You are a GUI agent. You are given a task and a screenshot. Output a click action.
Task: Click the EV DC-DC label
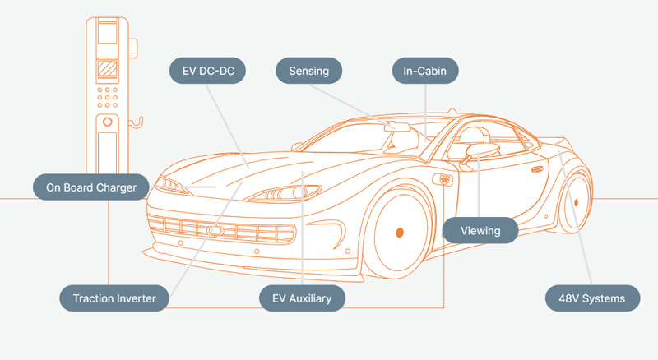coord(209,71)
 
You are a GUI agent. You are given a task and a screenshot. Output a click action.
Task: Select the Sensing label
coord(308,71)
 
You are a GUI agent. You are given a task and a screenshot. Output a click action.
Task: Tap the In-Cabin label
coord(424,71)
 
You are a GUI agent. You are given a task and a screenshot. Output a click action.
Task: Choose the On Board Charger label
coord(90,187)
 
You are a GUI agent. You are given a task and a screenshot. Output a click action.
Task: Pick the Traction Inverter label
coord(114,298)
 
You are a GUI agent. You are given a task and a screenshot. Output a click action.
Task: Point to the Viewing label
coord(480,231)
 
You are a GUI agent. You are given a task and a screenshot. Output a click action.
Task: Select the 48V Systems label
coord(592,298)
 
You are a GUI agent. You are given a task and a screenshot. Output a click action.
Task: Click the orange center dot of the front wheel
coord(400,233)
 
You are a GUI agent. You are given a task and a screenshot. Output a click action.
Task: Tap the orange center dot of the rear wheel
coord(576,201)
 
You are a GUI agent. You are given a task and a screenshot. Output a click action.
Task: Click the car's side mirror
coord(482,150)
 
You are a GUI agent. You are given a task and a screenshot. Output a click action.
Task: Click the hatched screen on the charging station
coord(107,69)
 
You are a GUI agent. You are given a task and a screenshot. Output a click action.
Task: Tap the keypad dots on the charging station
coord(107,96)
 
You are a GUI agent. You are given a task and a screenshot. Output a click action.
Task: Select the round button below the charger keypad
coord(107,122)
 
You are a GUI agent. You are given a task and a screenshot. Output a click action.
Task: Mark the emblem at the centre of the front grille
coord(216,232)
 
